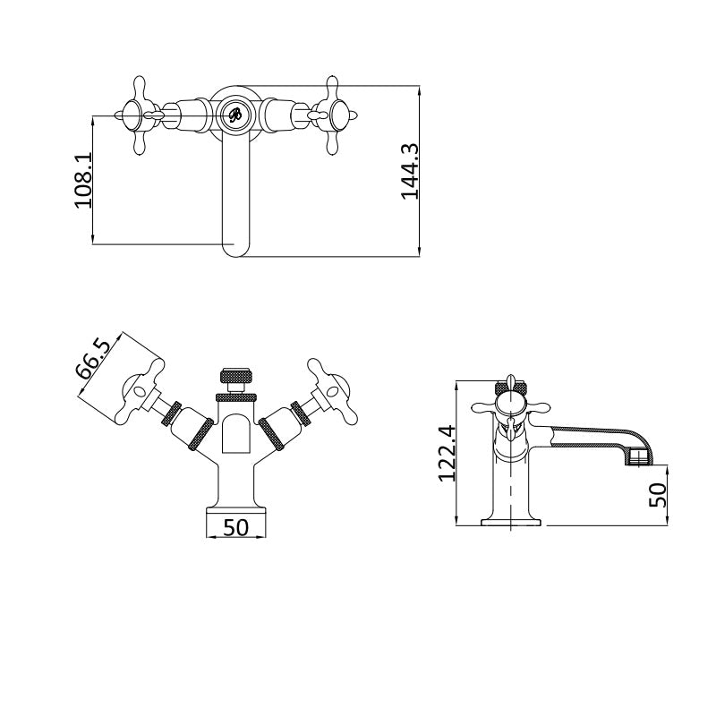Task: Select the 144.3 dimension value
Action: [x=410, y=170]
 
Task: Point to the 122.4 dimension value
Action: [x=447, y=453]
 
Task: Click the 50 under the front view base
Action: [x=235, y=527]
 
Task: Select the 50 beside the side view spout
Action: [x=659, y=495]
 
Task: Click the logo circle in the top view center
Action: [x=234, y=115]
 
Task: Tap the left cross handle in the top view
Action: [x=141, y=115]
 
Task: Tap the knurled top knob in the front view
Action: [x=234, y=374]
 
